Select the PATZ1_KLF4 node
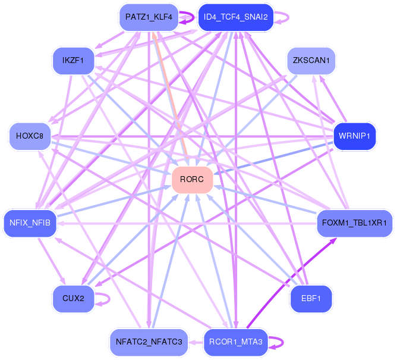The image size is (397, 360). coord(149,17)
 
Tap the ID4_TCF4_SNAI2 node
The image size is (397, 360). coord(235,17)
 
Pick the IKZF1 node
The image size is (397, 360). coord(73,60)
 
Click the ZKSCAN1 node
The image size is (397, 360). coord(311,60)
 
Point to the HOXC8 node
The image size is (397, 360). coord(30,136)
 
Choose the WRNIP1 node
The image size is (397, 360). coord(355,136)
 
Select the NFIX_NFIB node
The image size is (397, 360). coord(30,223)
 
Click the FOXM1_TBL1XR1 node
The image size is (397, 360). coord(354,223)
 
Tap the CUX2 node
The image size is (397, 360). coord(73,298)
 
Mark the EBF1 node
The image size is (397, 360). coord(311,298)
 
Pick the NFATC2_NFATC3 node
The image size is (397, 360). coord(149,342)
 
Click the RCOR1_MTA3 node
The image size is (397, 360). coord(235,342)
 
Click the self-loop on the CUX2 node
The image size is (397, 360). coord(108,298)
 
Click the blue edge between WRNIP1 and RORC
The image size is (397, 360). coord(273,158)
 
